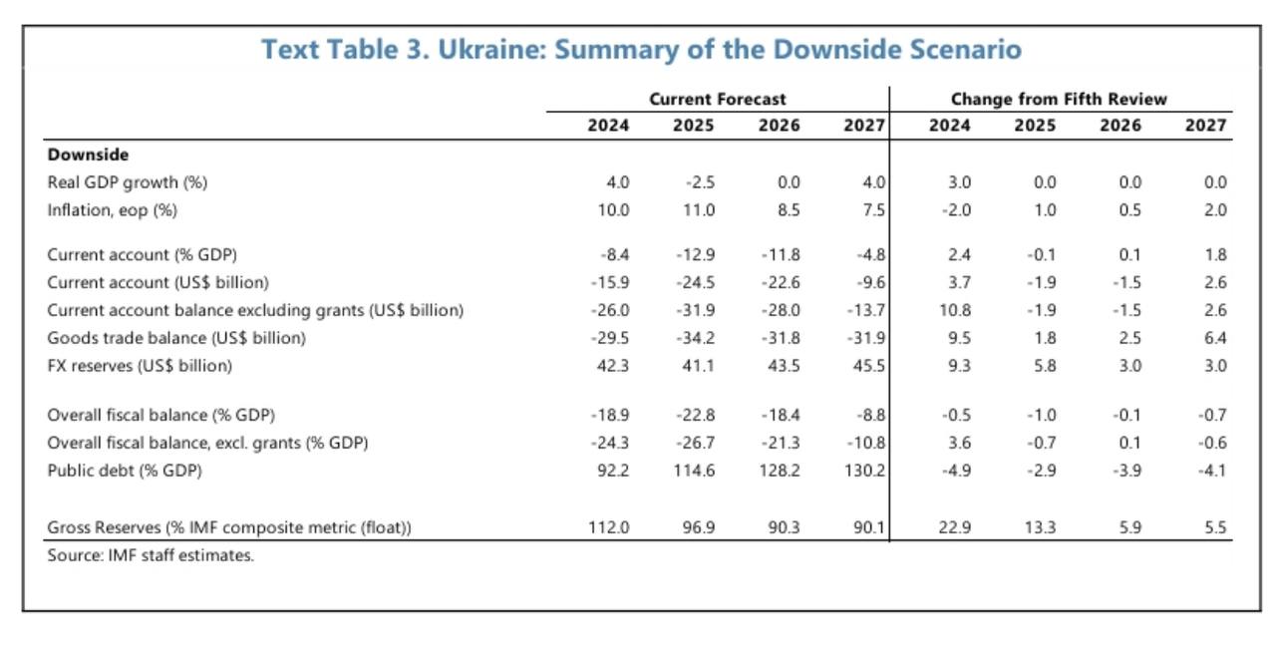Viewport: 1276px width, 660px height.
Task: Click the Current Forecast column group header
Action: coord(717,99)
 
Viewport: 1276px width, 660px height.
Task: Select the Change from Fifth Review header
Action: coord(1059,99)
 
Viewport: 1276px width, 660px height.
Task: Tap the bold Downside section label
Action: coord(88,155)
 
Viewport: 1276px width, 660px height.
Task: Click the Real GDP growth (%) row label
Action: coord(128,182)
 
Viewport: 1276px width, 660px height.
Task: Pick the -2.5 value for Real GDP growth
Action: coord(701,182)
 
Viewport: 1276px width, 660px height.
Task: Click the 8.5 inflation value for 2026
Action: coord(787,210)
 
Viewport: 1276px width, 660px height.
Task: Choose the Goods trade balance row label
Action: coord(176,338)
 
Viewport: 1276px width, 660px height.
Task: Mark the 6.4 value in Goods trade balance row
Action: coord(1214,338)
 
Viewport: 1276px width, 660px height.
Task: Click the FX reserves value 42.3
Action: coord(614,366)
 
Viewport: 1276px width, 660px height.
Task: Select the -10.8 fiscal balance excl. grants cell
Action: coord(867,443)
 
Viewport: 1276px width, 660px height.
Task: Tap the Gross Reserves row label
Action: coord(229,528)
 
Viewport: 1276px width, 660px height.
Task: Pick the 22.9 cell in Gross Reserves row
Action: coord(957,528)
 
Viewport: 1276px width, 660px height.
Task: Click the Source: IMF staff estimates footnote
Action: coord(151,555)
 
